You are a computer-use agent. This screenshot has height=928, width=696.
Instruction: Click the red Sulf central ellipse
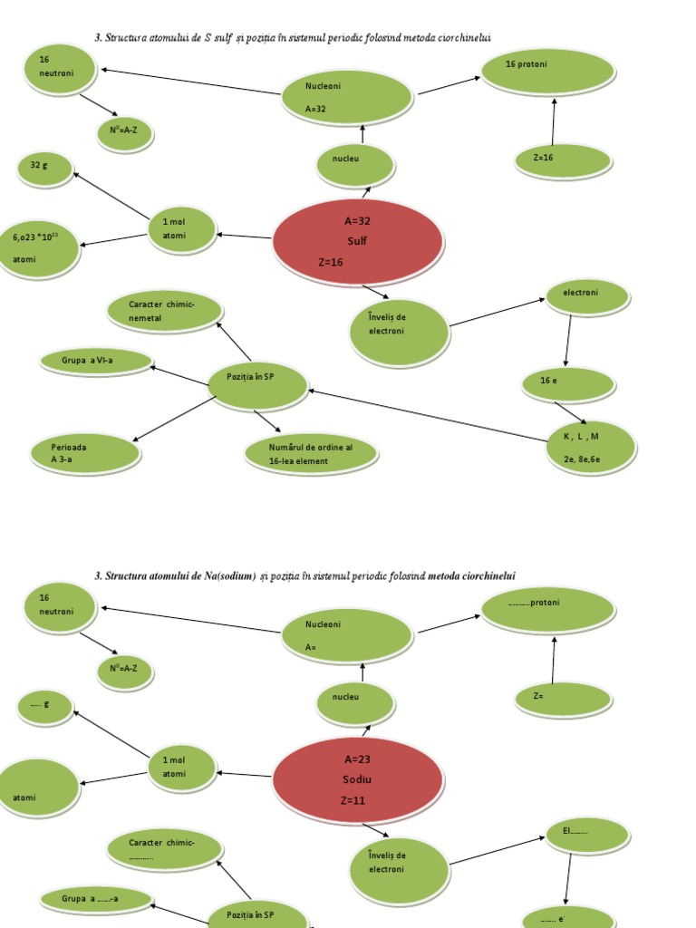click(x=358, y=242)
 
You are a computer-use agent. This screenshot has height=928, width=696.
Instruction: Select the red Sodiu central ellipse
click(x=358, y=780)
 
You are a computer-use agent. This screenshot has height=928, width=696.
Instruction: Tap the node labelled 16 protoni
click(x=547, y=72)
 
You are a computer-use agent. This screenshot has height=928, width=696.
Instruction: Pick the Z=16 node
click(x=564, y=160)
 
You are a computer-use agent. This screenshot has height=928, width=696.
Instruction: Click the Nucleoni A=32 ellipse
click(x=347, y=97)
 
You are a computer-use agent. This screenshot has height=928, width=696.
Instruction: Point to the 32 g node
click(x=45, y=169)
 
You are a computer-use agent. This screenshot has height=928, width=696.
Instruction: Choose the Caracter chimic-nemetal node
click(x=165, y=311)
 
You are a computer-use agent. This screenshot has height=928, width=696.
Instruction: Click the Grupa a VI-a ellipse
click(x=96, y=362)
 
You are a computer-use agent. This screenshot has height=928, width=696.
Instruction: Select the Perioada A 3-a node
click(x=85, y=454)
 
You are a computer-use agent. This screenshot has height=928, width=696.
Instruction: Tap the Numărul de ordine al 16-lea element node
click(x=311, y=454)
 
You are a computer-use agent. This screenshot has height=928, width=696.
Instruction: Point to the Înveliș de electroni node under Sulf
click(x=399, y=333)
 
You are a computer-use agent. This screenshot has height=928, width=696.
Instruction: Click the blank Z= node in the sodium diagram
click(x=564, y=699)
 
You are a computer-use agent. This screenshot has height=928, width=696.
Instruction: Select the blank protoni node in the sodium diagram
click(x=547, y=610)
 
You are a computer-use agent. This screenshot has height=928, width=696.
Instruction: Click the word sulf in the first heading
click(x=223, y=37)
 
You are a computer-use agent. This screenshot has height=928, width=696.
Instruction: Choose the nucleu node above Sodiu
click(x=355, y=703)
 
